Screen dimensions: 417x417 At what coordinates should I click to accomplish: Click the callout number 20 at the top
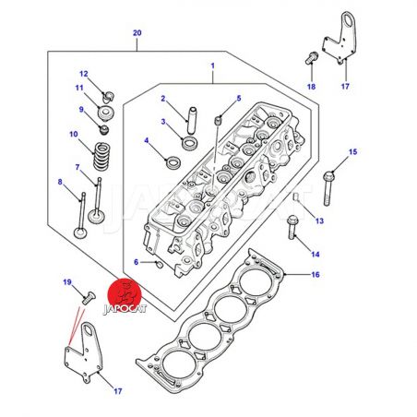(137, 33)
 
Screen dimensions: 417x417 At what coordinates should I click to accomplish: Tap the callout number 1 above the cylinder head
(212, 66)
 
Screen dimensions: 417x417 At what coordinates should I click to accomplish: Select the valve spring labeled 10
(102, 157)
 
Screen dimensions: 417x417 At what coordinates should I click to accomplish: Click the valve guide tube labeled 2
(192, 120)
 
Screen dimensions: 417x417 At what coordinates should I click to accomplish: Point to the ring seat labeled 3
(189, 144)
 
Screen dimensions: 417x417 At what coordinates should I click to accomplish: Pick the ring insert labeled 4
(173, 162)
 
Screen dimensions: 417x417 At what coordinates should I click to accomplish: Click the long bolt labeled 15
(328, 188)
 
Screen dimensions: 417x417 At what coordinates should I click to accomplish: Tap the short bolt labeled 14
(292, 228)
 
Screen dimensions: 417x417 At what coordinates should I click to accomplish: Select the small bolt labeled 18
(312, 58)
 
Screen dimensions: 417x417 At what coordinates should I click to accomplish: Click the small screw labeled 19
(89, 298)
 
